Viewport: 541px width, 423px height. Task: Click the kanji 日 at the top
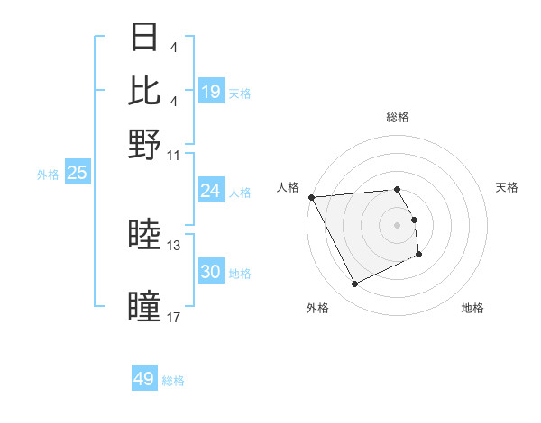click(144, 39)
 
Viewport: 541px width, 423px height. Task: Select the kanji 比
click(144, 91)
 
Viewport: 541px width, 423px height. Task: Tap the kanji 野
click(144, 144)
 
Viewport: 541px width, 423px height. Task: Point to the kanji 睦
click(144, 235)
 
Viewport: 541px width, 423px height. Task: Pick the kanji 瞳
click(144, 306)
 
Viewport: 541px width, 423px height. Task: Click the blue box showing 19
click(211, 91)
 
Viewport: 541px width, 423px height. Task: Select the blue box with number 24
click(211, 191)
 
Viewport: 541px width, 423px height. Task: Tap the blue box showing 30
click(211, 273)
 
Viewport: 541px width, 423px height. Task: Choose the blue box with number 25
click(77, 173)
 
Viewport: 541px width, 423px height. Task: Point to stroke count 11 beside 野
click(174, 155)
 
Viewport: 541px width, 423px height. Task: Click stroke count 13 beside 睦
click(174, 245)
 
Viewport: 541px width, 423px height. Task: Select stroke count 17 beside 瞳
click(174, 317)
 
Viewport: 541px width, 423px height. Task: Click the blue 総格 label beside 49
click(173, 381)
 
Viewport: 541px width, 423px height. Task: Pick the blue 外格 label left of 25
click(47, 175)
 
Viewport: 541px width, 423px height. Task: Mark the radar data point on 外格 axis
click(354, 284)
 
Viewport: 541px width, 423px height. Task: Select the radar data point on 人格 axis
click(311, 197)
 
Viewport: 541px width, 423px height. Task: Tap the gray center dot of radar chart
click(397, 224)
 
